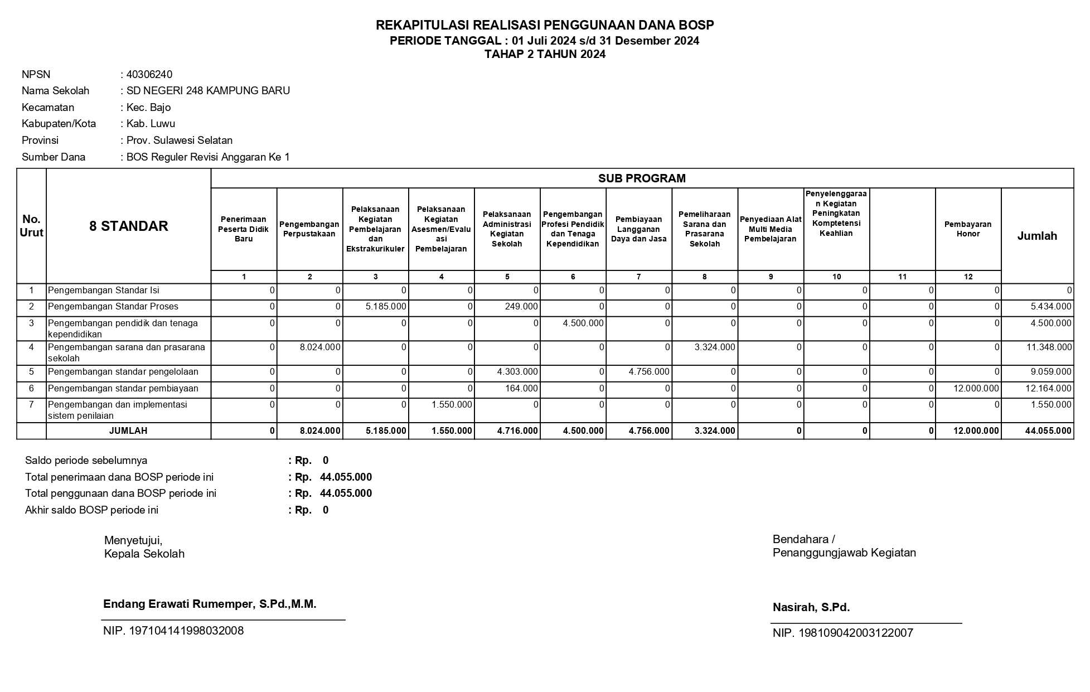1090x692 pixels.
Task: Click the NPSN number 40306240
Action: point(149,75)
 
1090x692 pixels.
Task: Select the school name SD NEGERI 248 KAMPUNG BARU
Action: point(208,91)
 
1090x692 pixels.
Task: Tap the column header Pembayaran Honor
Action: point(968,229)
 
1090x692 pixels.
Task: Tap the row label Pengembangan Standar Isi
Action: point(103,291)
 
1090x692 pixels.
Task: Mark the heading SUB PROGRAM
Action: point(642,178)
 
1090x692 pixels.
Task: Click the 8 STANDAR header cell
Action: point(128,226)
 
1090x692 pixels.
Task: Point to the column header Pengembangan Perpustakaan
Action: point(309,229)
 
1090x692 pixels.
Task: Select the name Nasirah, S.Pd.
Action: point(811,608)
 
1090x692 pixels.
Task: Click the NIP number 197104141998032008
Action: point(173,631)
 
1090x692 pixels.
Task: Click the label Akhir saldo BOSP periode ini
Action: point(91,510)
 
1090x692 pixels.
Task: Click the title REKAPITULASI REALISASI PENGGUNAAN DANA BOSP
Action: point(545,25)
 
